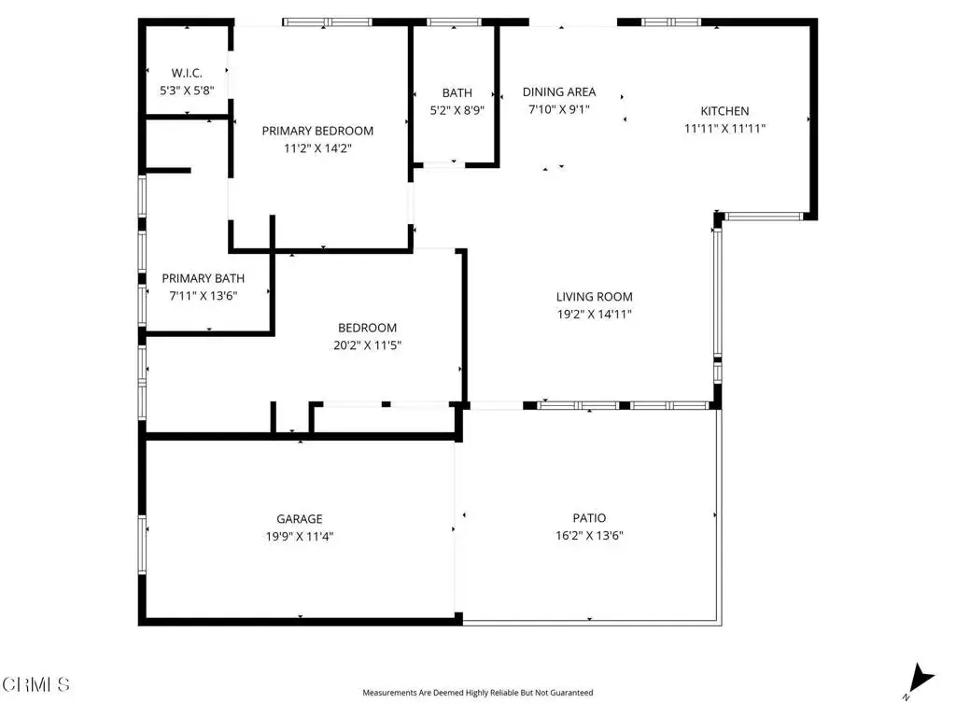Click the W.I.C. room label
click(187, 73)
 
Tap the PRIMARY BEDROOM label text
click(317, 131)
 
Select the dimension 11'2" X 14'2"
click(317, 148)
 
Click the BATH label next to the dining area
click(457, 92)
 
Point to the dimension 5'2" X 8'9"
click(457, 110)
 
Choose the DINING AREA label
click(559, 92)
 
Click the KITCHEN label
click(724, 111)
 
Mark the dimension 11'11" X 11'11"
click(724, 129)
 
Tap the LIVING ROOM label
click(595, 297)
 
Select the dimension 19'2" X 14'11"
click(595, 315)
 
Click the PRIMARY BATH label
click(203, 278)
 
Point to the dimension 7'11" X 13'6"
click(203, 296)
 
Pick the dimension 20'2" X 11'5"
click(368, 345)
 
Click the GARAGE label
click(300, 519)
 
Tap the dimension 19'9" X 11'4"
click(300, 537)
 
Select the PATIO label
click(590, 518)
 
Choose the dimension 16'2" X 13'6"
click(590, 536)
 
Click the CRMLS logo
click(35, 684)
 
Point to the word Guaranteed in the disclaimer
click(570, 693)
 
